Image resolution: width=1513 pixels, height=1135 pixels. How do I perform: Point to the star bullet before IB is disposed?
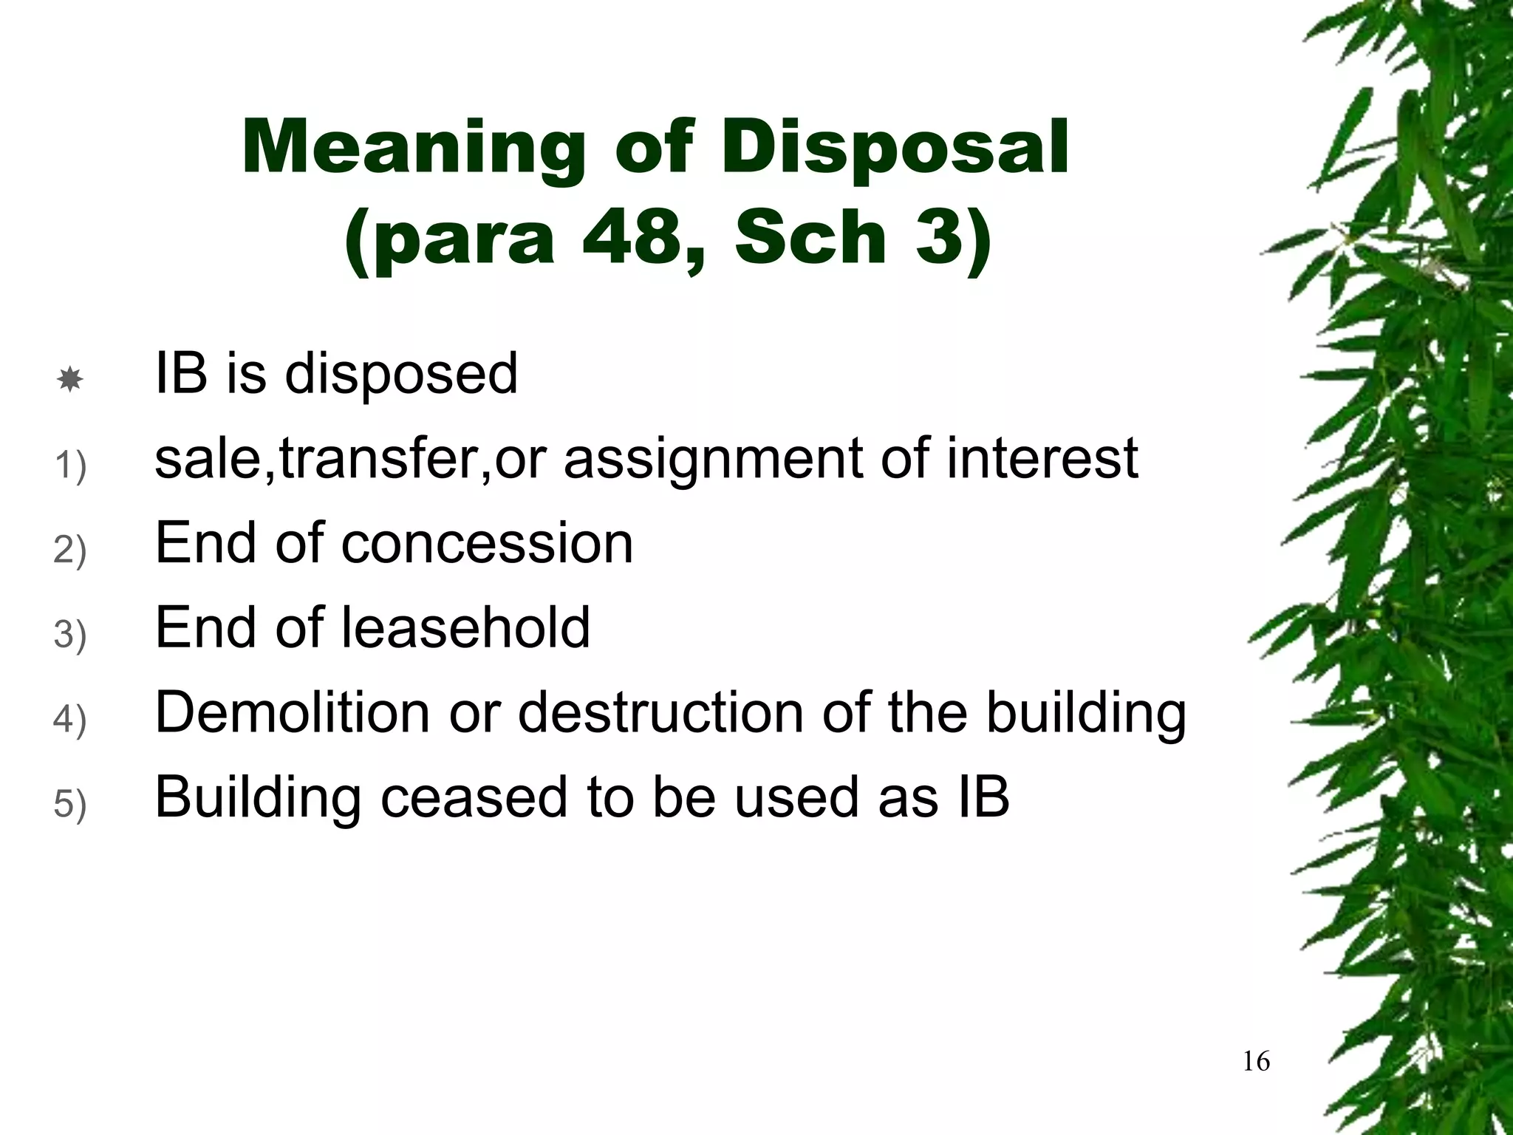pyautogui.click(x=69, y=380)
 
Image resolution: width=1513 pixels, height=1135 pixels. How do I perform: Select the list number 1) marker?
pyautogui.click(x=70, y=466)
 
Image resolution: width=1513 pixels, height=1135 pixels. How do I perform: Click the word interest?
pyautogui.click(x=1042, y=458)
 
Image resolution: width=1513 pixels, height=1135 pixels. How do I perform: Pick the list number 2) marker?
pyautogui.click(x=70, y=551)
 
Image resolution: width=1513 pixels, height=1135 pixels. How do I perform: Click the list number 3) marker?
pyautogui.click(x=70, y=635)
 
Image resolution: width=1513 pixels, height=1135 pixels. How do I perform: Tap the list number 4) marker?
pyautogui.click(x=70, y=720)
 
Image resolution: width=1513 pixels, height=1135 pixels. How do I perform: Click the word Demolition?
pyautogui.click(x=293, y=713)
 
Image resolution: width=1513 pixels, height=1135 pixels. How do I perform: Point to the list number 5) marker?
pyautogui.click(x=70, y=805)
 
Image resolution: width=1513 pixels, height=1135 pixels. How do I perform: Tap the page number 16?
pyautogui.click(x=1257, y=1062)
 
